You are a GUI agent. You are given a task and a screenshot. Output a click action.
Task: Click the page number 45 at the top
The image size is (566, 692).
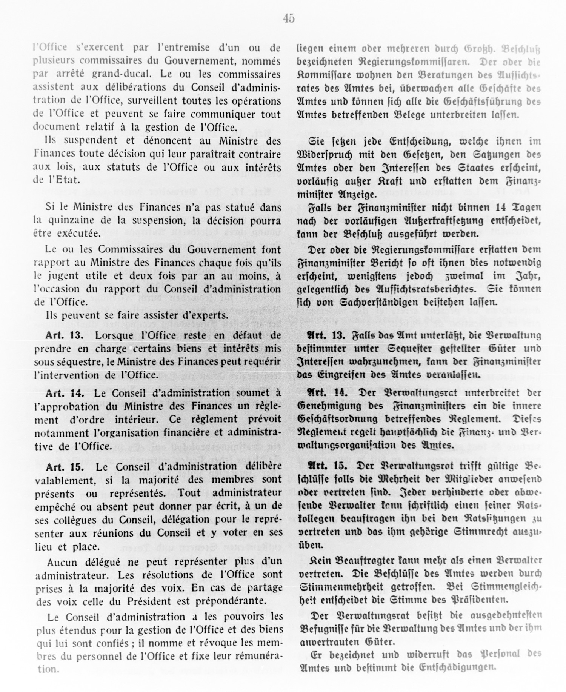[x=289, y=18]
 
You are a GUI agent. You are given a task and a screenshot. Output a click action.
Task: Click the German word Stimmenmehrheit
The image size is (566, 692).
[x=341, y=587]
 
